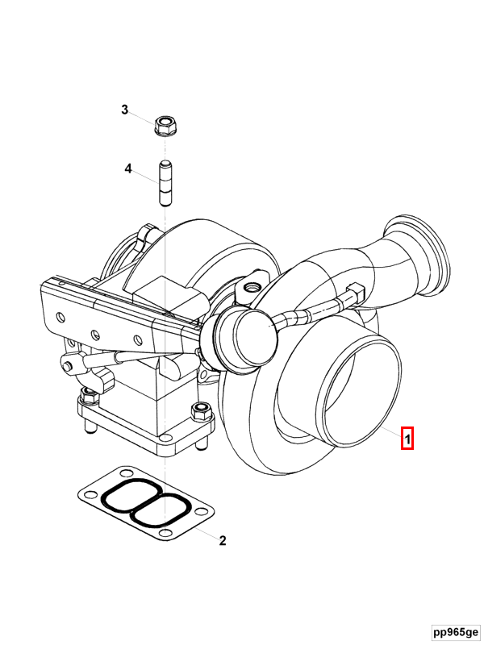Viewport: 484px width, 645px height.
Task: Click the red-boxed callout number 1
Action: (x=408, y=439)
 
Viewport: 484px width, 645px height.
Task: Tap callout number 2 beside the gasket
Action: (x=223, y=540)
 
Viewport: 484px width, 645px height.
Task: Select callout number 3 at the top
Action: (x=125, y=110)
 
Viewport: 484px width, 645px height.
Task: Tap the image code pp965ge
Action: (x=454, y=631)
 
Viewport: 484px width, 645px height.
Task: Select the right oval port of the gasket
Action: (x=165, y=512)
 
